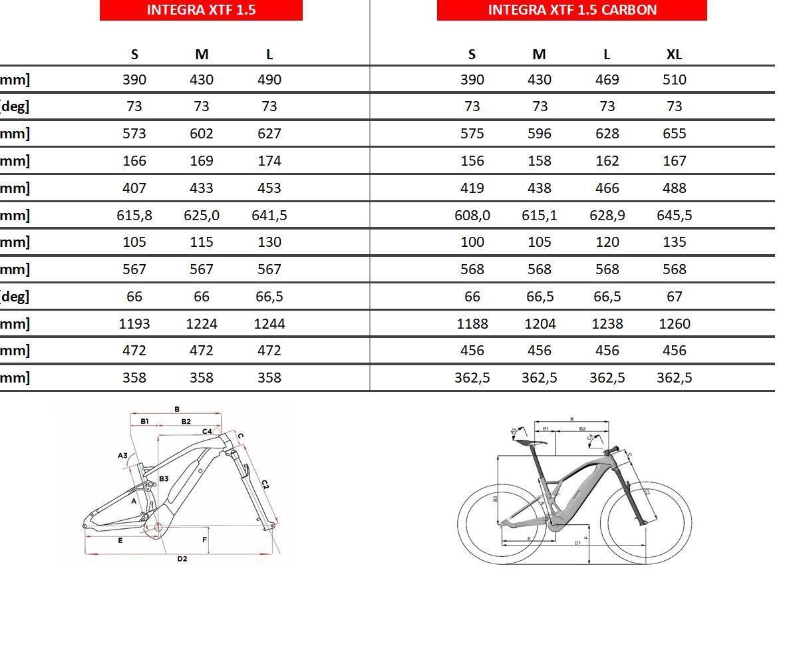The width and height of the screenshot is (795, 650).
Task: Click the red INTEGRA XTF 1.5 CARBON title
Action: pyautogui.click(x=571, y=10)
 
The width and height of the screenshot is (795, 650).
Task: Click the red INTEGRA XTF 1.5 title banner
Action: pyautogui.click(x=201, y=10)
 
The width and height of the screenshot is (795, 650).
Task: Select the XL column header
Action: pyautogui.click(x=674, y=55)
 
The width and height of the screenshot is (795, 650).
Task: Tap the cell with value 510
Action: pyautogui.click(x=674, y=80)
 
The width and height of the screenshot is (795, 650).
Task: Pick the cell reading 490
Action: pyautogui.click(x=269, y=80)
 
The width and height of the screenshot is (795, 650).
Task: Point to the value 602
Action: pyautogui.click(x=202, y=134)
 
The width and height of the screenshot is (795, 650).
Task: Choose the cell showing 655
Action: pyautogui.click(x=674, y=134)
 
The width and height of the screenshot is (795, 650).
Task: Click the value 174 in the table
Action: pyautogui.click(x=269, y=161)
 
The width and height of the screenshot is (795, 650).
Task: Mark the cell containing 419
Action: pyautogui.click(x=472, y=188)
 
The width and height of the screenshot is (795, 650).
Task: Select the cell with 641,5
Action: pyautogui.click(x=269, y=216)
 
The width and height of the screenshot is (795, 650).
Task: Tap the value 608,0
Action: pyautogui.click(x=472, y=216)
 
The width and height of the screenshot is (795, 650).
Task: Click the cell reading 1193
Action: pyautogui.click(x=134, y=324)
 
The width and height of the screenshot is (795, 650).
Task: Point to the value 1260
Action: pyautogui.click(x=674, y=324)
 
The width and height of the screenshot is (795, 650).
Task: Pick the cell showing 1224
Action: pyautogui.click(x=202, y=324)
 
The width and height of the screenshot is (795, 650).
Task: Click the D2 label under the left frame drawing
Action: pyautogui.click(x=182, y=559)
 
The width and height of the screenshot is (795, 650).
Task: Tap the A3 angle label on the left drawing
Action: pyautogui.click(x=122, y=456)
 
